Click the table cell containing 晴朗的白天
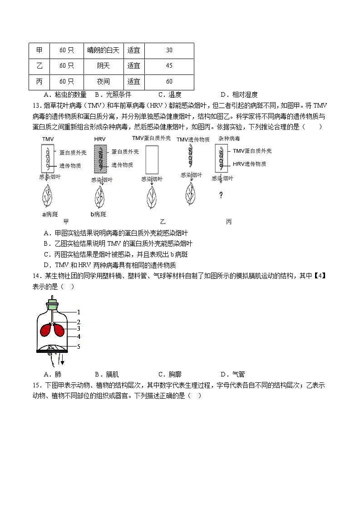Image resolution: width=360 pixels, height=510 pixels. coord(103,50)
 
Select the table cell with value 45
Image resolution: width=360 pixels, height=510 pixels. coord(169,66)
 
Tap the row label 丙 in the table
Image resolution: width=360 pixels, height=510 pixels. coord(39,82)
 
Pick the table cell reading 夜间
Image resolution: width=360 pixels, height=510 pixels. coord(103,82)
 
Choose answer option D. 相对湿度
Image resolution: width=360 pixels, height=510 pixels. coord(239,94)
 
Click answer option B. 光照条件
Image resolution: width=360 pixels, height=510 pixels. coord(113,94)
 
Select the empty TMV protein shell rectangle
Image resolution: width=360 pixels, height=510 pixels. coord(152,158)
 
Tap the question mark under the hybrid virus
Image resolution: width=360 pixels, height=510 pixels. coord(221,195)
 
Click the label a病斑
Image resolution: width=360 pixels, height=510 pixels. coord(48,214)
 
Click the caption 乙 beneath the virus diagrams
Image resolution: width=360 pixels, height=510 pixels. coord(163,222)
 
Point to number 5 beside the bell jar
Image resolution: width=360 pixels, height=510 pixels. coord(79,347)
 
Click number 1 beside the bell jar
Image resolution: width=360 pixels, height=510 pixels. coord(79,312)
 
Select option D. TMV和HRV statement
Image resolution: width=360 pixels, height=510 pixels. coord(109,265)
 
